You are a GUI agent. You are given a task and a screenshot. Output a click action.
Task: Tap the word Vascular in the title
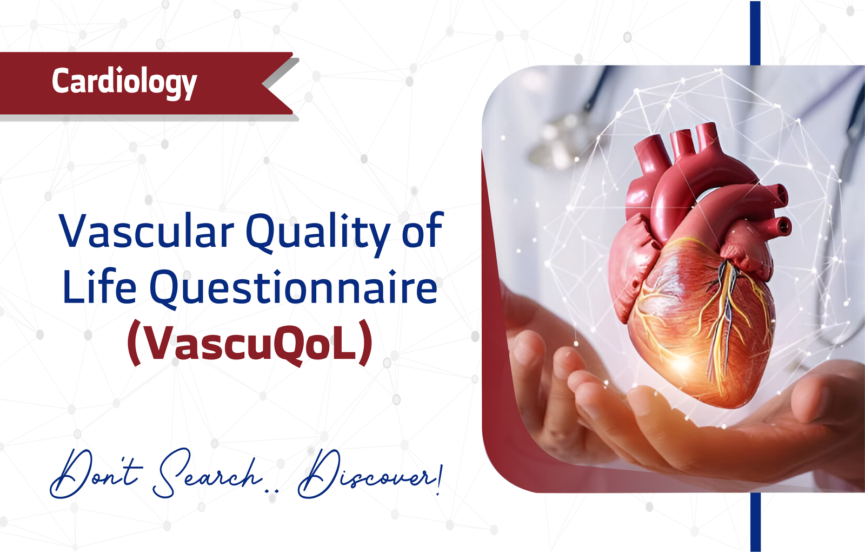tap(147, 231)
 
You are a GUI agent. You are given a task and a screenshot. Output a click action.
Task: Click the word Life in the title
tap(99, 286)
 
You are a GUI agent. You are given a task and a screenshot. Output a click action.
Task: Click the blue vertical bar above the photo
tap(755, 33)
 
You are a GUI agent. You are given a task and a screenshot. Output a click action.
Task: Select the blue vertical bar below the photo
tap(755, 522)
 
